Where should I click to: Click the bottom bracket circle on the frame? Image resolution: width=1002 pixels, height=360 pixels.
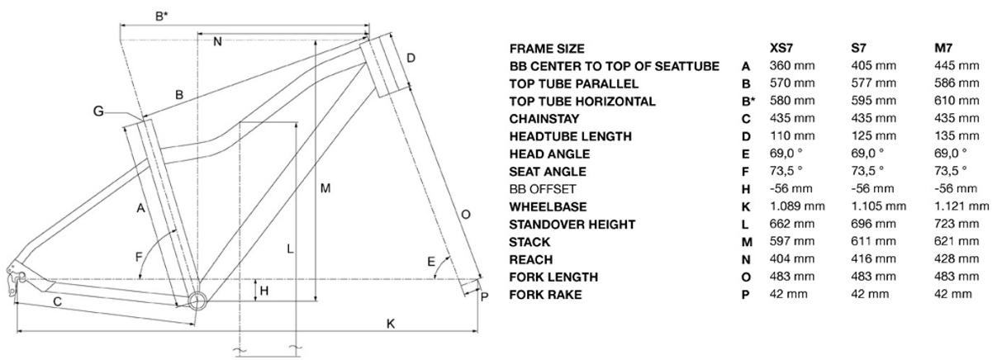197,300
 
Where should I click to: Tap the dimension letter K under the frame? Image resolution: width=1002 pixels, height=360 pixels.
391,324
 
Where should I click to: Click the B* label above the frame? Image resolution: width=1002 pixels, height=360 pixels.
161,17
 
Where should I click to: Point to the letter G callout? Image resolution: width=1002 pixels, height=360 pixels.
98,111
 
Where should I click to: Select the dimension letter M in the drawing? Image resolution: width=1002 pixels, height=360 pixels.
325,189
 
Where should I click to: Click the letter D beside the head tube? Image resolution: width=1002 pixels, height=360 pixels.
411,58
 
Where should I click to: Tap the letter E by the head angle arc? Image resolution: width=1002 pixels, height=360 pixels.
430,262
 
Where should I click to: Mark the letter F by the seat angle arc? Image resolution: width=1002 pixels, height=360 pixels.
139,257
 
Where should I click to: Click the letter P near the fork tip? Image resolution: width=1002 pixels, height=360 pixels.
484,296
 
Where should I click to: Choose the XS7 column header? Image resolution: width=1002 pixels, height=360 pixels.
781,48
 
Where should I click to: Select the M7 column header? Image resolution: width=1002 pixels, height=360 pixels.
943,48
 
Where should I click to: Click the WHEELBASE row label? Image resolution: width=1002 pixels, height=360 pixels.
548,206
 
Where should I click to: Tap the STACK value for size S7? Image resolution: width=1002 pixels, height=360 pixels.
874,241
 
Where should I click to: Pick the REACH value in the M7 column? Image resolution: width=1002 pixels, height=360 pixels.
957,259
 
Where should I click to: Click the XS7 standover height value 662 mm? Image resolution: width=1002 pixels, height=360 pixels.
791,224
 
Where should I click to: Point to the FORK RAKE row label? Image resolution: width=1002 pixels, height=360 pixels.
545,295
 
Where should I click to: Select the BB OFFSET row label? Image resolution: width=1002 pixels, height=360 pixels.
542,189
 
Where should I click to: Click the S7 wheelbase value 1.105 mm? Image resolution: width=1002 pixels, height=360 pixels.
879,206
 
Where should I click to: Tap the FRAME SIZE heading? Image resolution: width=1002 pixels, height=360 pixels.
547,48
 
